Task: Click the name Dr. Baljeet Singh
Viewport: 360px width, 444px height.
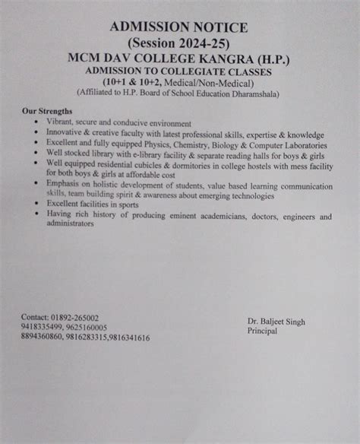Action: click(x=276, y=322)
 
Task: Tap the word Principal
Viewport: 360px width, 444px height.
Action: click(x=263, y=332)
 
